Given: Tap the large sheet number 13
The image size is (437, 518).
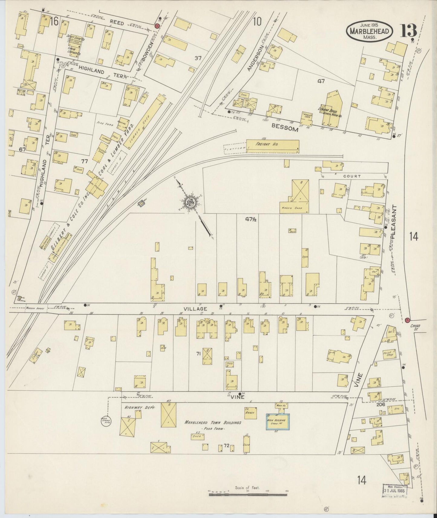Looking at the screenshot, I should tap(409, 31).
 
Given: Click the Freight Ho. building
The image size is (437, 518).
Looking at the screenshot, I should tap(272, 145).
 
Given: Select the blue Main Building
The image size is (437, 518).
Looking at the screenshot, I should tap(278, 422).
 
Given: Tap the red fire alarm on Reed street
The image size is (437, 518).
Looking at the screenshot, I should tap(157, 26).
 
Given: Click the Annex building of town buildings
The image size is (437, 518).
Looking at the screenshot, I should tap(251, 413).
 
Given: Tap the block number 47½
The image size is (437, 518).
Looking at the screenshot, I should tap(251, 220).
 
